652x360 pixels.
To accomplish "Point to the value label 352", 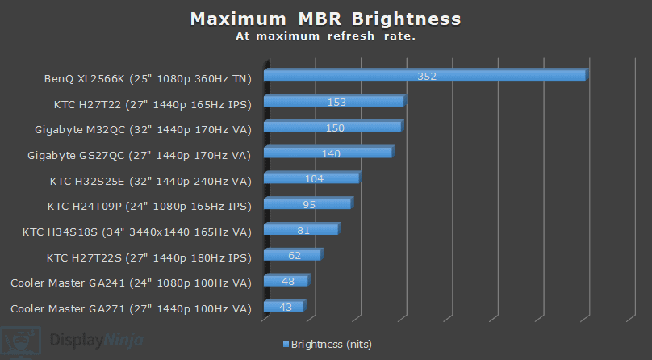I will [427, 76].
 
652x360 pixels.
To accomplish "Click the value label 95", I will [309, 204].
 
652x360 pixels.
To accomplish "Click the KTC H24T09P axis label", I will [149, 206].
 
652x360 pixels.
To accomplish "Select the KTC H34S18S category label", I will [137, 232].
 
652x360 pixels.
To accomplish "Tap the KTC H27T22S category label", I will [149, 257].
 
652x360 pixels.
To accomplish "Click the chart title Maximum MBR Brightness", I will [326, 19].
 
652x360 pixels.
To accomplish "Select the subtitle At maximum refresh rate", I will [326, 36].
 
